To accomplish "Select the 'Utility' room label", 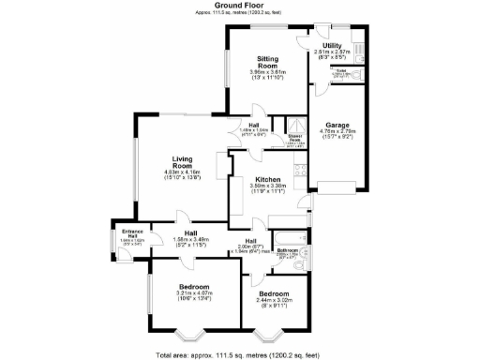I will (331, 44).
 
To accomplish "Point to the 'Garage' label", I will (337, 125).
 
